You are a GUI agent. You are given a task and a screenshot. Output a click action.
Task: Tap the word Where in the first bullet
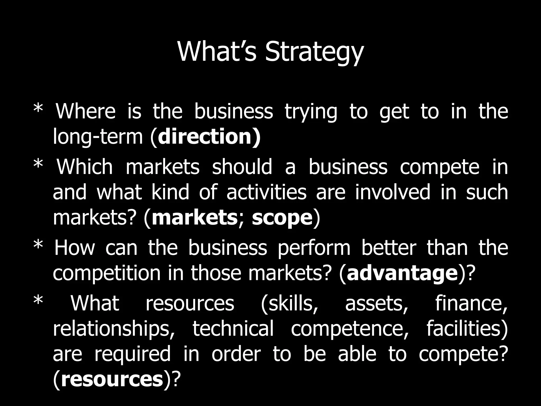tap(86, 111)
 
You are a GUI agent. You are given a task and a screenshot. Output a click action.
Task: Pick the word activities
tap(266, 192)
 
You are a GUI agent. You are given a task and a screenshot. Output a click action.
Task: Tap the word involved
tap(392, 192)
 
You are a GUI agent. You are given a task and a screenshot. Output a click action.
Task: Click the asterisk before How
tap(38, 246)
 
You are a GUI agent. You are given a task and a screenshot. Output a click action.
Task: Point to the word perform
tap(314, 248)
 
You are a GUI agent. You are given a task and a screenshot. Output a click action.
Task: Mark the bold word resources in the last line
tap(112, 380)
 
